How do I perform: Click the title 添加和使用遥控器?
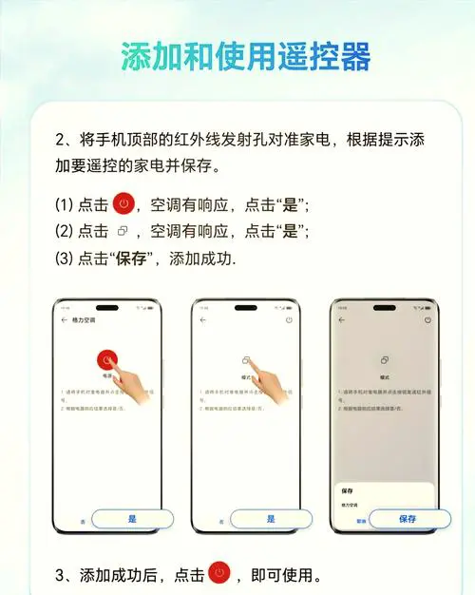click(245, 56)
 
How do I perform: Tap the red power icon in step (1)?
click(123, 203)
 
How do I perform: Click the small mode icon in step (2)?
click(122, 231)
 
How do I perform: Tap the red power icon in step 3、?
click(219, 573)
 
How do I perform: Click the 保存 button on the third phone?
click(408, 519)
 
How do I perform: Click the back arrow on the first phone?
click(65, 321)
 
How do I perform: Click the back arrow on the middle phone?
click(203, 321)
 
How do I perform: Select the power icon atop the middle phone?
click(289, 321)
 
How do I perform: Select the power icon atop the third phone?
click(427, 321)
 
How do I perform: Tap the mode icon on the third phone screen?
click(385, 361)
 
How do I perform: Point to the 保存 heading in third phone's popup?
click(348, 489)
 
